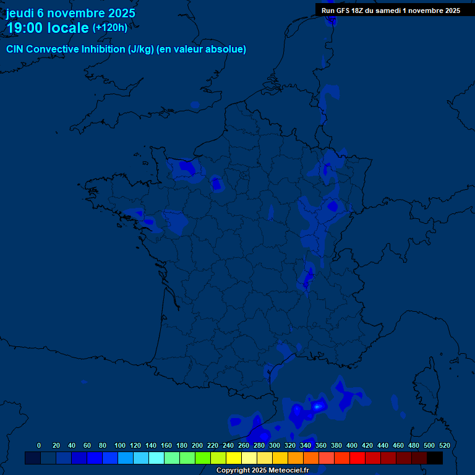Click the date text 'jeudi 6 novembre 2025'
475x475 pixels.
tap(71, 13)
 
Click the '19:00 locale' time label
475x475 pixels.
tap(48, 28)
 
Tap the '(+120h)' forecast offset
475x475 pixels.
tap(110, 28)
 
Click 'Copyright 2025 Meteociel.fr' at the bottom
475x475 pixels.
tap(262, 470)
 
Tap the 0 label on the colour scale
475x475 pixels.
tap(39, 445)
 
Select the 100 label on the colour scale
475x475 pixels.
tap(120, 445)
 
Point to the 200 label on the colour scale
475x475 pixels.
tap(197, 445)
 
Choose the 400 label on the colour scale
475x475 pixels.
tap(352, 445)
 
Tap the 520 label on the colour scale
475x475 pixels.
tap(444, 445)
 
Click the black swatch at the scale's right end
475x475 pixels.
tap(435, 458)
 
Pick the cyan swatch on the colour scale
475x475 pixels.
tap(156, 458)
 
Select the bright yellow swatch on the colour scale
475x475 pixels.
tap(234, 458)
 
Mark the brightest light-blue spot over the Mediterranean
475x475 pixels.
tap(318, 406)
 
